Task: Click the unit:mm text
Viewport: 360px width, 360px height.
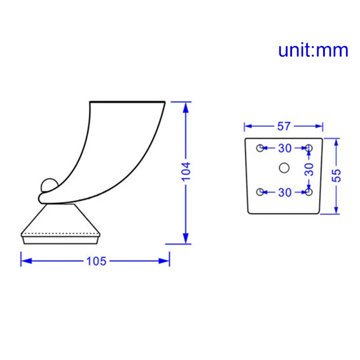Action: point(313,50)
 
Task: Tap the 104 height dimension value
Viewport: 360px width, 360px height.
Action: point(186,171)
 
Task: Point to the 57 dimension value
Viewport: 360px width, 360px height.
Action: point(283,126)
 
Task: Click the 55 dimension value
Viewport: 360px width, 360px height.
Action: point(337,175)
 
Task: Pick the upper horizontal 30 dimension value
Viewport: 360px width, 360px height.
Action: point(284,148)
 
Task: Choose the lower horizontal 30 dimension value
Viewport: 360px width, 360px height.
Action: point(284,193)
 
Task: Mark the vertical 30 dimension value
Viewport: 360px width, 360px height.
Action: point(309,169)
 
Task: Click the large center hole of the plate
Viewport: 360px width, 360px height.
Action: point(283,167)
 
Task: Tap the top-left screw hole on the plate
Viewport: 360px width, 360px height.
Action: point(260,148)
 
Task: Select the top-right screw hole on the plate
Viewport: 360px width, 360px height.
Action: point(309,148)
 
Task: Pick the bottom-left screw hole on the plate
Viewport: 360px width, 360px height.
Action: point(260,192)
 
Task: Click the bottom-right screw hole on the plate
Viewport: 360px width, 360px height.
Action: point(309,192)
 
